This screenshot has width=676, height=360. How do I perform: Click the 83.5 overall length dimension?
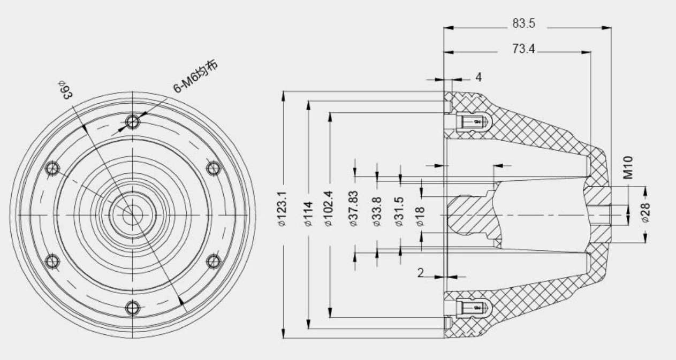tap(523, 24)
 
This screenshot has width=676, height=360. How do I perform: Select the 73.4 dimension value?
tap(523, 49)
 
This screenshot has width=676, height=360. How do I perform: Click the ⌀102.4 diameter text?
tap(329, 209)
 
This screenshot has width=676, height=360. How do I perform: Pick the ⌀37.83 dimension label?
tap(354, 209)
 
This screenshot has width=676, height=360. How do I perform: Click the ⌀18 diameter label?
tap(421, 217)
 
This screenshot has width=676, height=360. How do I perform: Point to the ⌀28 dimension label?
tap(645, 213)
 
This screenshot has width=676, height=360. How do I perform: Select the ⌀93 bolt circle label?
tap(65, 89)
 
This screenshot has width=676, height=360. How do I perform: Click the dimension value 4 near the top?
tap(478, 77)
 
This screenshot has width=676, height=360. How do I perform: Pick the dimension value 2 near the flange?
tap(421, 273)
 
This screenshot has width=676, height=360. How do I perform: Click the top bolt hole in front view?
tap(133, 122)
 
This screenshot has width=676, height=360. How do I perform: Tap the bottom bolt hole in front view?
tap(133, 308)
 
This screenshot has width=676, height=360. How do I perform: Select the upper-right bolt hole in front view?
tap(214, 168)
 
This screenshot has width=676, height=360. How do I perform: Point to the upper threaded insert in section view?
tap(472, 122)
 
